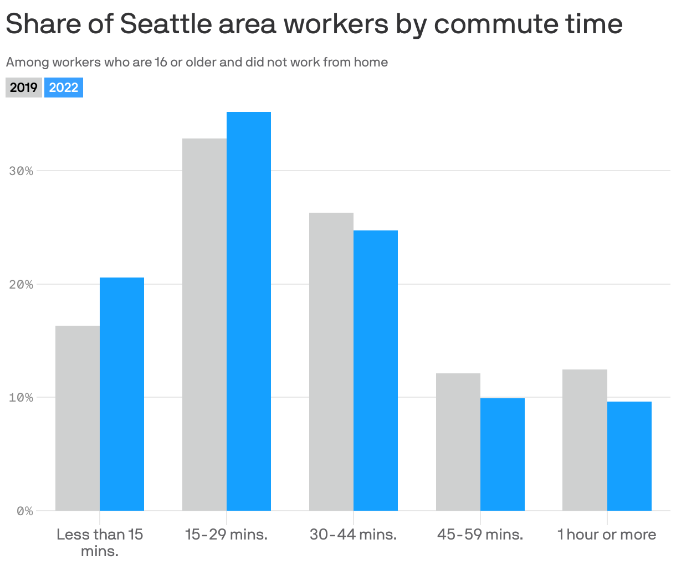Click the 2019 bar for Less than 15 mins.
78,418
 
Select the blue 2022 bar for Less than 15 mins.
122,394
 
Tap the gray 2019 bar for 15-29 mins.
204,325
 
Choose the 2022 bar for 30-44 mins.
376,371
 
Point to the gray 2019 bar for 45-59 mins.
458,442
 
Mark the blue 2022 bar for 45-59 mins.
503,454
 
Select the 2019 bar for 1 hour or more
585,440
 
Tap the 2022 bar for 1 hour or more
629,456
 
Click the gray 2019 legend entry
24,88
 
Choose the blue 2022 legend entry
64,88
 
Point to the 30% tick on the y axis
21,171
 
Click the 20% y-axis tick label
21,285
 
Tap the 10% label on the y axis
21,398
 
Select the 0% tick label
24,511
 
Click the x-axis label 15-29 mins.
226,535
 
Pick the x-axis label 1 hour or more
607,535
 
